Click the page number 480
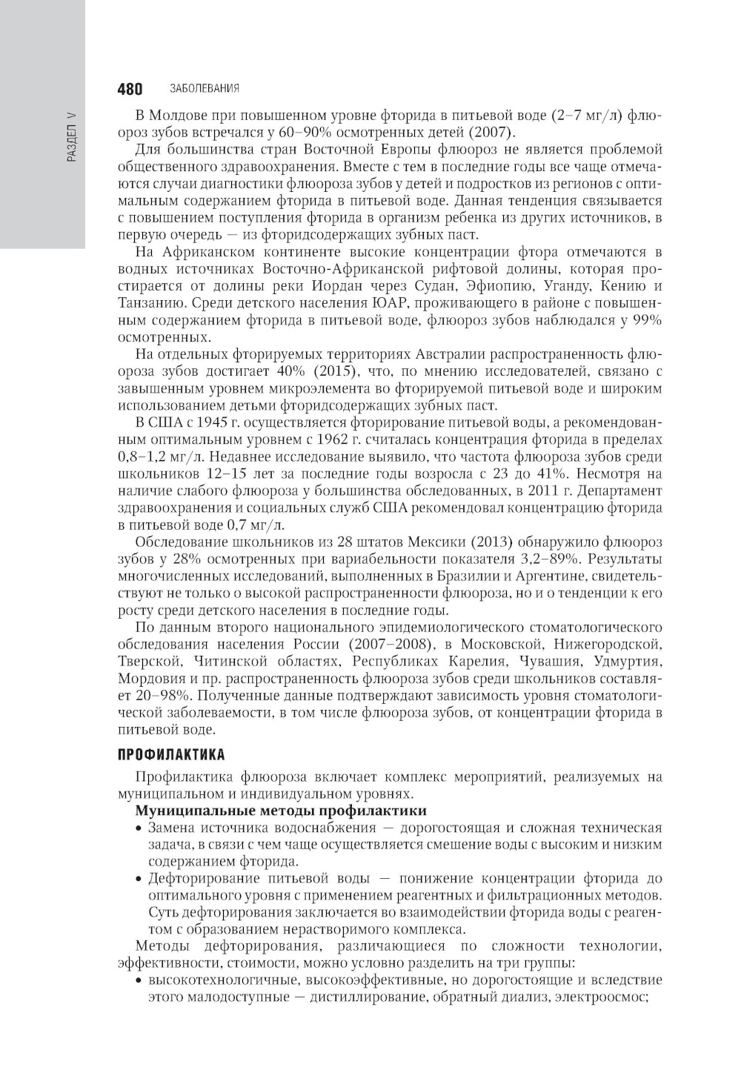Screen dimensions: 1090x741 click(130, 90)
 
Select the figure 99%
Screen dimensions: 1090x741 click(645, 320)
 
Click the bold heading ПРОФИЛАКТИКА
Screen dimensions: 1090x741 click(171, 755)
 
